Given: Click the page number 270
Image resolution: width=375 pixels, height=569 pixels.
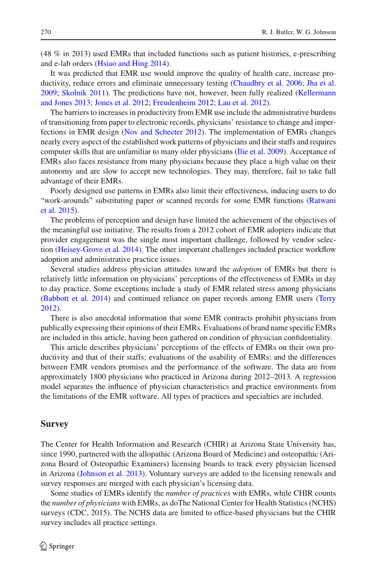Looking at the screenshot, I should click(x=46, y=32).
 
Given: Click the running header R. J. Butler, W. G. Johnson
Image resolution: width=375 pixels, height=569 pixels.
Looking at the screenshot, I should click(x=298, y=32).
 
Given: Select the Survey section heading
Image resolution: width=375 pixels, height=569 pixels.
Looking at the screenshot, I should click(x=54, y=424).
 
